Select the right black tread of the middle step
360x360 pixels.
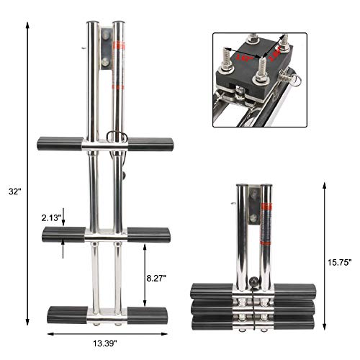(149, 235)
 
